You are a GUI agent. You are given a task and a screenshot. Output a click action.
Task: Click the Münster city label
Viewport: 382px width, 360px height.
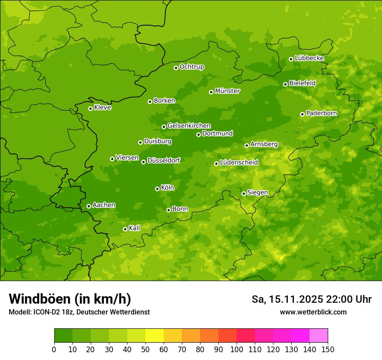(x=227, y=91)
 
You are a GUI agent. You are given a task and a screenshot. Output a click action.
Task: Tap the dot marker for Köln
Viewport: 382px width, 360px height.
(x=157, y=189)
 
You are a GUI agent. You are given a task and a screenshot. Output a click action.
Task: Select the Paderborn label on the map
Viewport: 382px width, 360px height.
(x=322, y=113)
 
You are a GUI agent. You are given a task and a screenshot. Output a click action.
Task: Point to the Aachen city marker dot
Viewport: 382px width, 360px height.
(x=89, y=206)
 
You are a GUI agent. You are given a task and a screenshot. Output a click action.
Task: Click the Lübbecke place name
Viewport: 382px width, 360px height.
(x=310, y=58)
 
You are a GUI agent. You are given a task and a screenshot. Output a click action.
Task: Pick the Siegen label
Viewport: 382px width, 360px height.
(x=257, y=193)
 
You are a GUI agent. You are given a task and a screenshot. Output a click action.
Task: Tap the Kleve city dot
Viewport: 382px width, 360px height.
(x=90, y=108)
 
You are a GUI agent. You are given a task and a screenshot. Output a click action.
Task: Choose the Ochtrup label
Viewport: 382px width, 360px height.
(x=192, y=67)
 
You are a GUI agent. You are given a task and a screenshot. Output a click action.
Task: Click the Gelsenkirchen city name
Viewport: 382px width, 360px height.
(x=189, y=126)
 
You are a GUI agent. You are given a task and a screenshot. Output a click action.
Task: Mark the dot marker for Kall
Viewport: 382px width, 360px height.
(x=125, y=229)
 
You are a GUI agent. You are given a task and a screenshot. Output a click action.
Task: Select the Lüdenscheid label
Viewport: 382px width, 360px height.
(x=239, y=163)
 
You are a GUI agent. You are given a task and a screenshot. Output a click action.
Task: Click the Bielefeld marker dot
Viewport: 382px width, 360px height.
(x=285, y=84)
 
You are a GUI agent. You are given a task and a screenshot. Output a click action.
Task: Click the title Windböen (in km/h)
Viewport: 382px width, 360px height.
(x=70, y=299)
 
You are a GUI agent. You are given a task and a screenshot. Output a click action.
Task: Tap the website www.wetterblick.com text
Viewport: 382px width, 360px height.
(x=313, y=312)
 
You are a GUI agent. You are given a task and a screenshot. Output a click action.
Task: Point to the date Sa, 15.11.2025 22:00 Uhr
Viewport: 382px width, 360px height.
(x=312, y=299)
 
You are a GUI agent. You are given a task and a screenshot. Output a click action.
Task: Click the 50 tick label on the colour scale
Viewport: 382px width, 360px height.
(x=145, y=349)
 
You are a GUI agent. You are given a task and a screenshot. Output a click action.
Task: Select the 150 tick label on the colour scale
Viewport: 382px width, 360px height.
(x=328, y=349)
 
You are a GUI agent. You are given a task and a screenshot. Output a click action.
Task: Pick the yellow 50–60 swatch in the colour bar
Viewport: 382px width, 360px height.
(x=155, y=336)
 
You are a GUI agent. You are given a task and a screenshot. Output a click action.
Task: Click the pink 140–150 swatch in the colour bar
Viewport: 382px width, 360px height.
(x=319, y=336)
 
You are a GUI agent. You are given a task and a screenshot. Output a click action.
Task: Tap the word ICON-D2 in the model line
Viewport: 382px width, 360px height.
(x=46, y=312)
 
